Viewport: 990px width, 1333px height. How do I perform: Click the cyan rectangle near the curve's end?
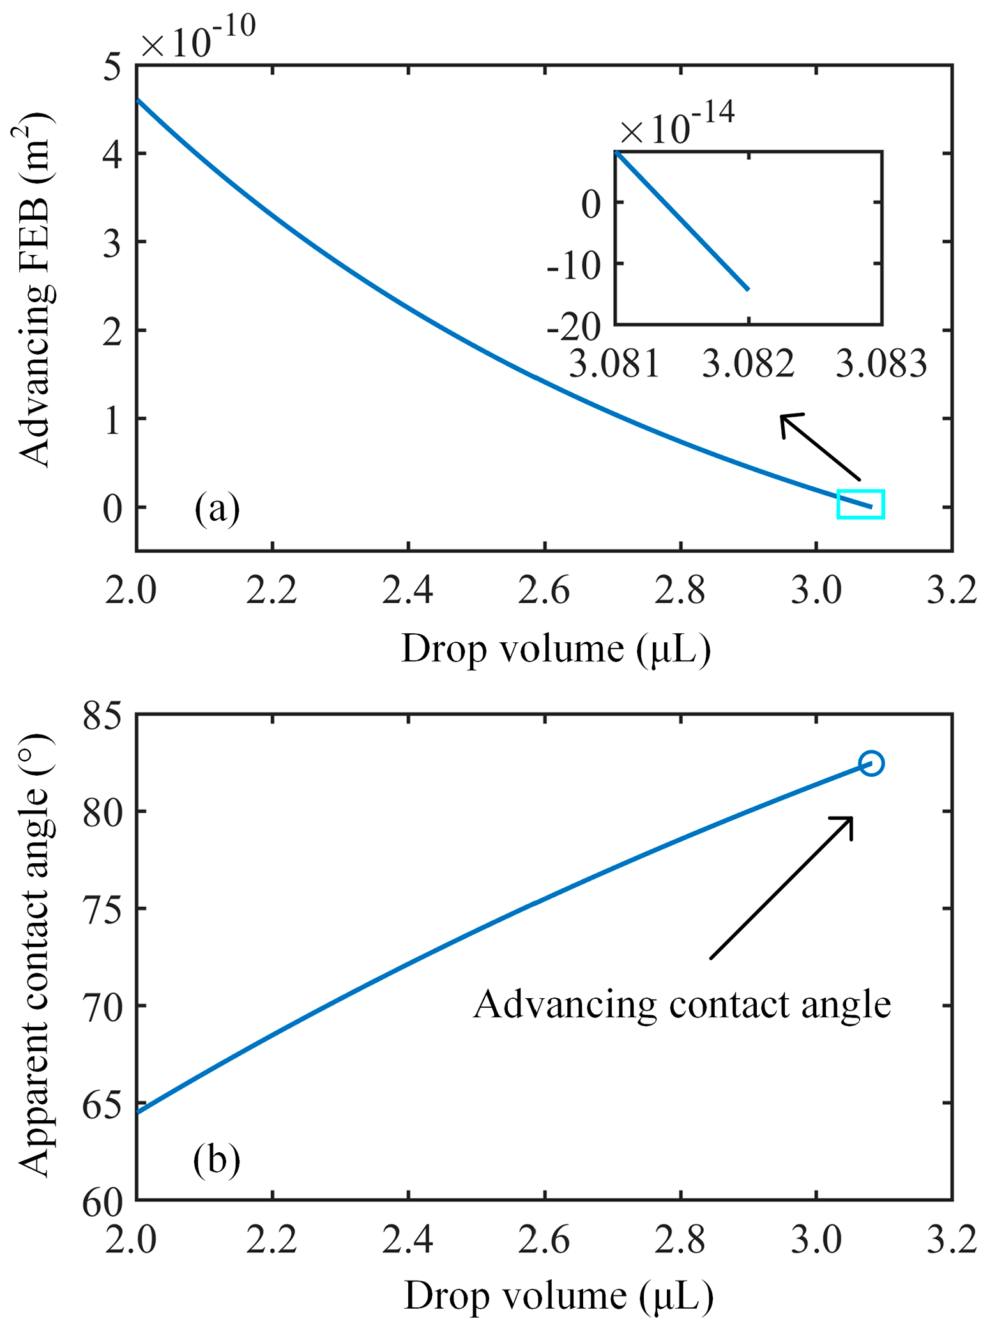coord(860,504)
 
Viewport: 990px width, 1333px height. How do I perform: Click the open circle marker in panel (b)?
coord(871,763)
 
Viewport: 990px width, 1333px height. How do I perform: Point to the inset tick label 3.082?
coord(748,364)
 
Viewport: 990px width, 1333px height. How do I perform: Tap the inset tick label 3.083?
coord(881,364)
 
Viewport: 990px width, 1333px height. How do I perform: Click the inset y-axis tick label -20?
coord(574,327)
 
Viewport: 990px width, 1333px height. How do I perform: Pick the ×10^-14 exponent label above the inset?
coord(677,124)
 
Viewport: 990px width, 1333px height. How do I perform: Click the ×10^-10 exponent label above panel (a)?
coord(198,38)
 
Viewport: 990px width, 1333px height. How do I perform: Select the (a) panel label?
coord(217,509)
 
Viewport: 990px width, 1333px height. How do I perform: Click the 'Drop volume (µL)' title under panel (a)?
coord(556,649)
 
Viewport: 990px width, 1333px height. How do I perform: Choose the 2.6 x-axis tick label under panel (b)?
coord(544,1240)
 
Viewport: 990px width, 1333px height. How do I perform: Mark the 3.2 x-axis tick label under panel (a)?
coord(952,590)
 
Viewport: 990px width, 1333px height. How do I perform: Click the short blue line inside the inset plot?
coord(682,221)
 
